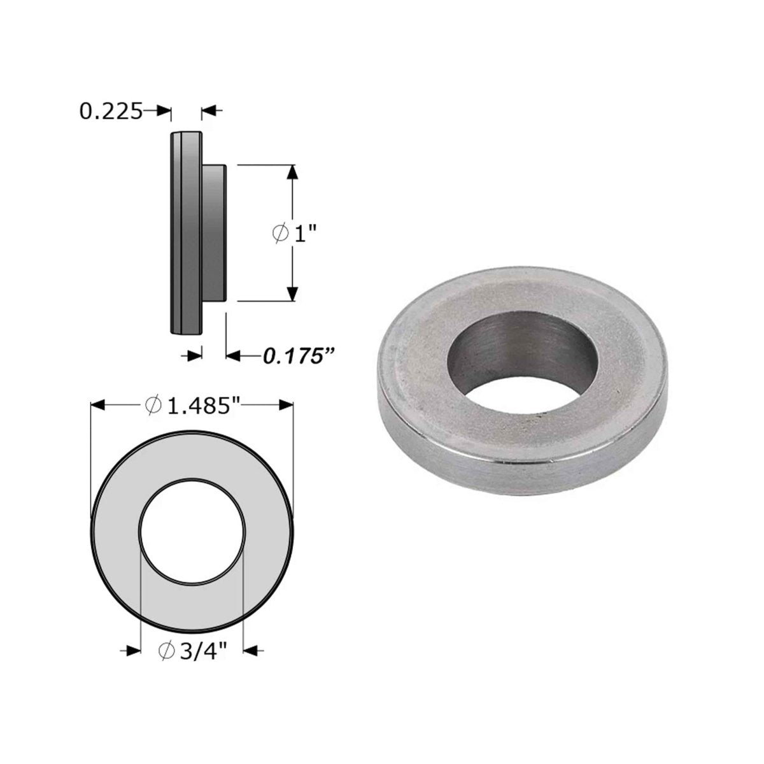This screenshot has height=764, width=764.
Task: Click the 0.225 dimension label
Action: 110,111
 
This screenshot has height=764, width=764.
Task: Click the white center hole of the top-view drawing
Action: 192,530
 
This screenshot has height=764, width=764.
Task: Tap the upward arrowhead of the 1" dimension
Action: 292,173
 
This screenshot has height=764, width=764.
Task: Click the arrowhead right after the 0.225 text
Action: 164,111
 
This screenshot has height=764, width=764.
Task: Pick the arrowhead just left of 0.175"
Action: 233,355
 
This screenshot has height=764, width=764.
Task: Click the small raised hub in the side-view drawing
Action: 215,233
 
